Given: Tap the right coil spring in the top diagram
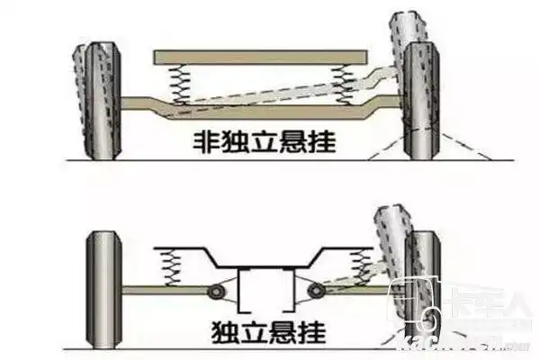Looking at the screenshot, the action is tap(341, 85).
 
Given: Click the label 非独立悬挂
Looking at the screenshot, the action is tap(258, 139).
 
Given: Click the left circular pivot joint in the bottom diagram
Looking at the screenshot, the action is tap(218, 291).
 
